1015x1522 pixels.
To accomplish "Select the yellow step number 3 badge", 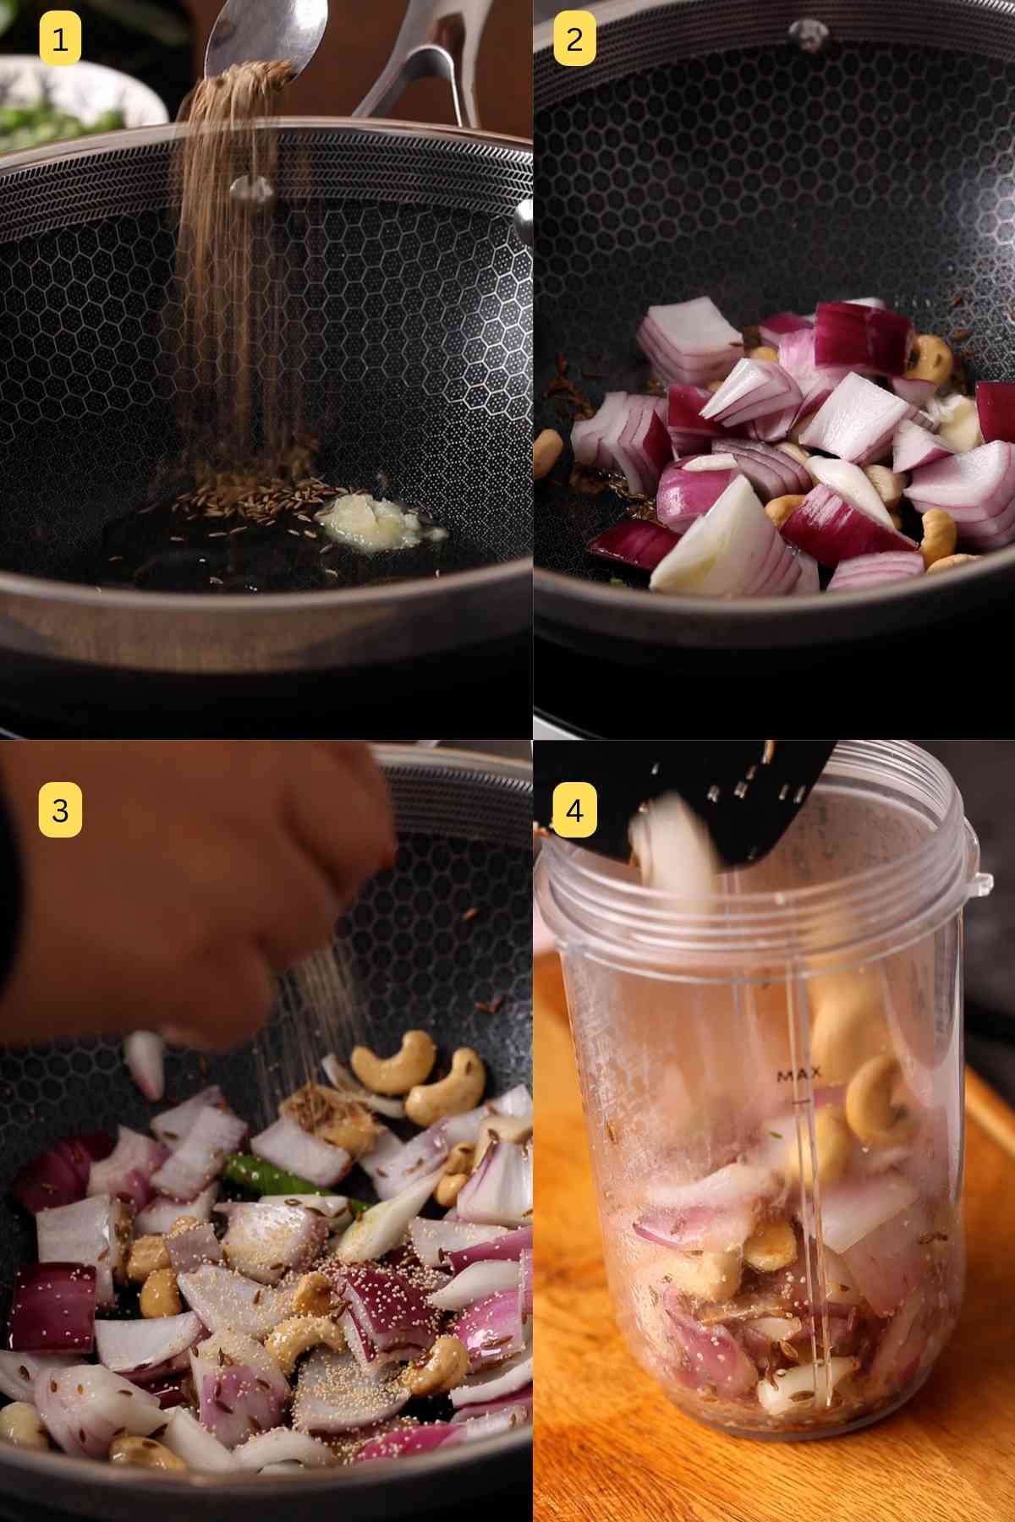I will click(60, 810).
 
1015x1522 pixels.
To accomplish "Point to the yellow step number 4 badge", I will click(575, 810).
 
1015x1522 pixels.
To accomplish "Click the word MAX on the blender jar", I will click(798, 1075).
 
